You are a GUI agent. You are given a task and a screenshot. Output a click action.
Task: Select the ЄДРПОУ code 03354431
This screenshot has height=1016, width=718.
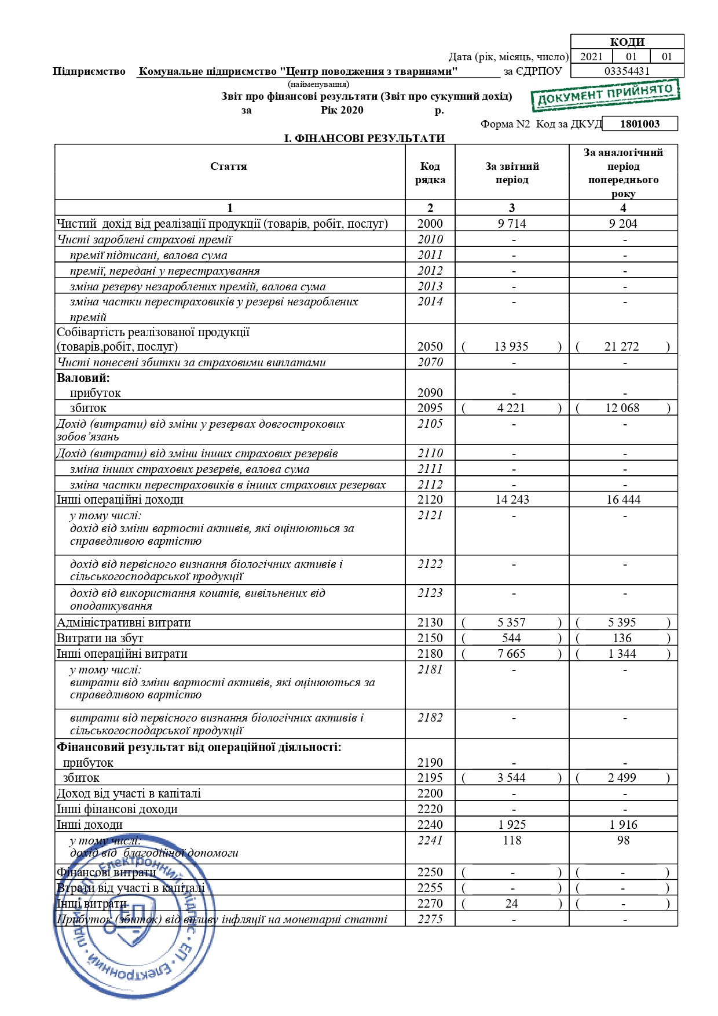[x=627, y=71]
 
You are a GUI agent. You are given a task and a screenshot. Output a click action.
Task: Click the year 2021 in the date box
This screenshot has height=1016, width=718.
[x=591, y=57]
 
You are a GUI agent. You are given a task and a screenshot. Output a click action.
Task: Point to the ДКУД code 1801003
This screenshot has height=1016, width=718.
[x=639, y=123]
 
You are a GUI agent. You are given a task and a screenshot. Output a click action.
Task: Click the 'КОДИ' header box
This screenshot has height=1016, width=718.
[x=627, y=42]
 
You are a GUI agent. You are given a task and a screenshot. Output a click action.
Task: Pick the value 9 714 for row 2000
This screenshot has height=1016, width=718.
[x=512, y=224]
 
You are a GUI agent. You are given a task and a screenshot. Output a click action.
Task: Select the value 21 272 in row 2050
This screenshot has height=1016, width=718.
[x=622, y=347]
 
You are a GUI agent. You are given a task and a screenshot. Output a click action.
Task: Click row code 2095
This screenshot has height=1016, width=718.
[x=430, y=408]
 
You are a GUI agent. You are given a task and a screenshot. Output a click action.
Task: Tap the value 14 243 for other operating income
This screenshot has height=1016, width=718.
[x=512, y=500]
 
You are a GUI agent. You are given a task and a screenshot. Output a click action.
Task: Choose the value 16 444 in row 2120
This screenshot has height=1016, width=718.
[x=623, y=500]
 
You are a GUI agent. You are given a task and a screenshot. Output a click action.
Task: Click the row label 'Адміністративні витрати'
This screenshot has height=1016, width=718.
[x=124, y=622]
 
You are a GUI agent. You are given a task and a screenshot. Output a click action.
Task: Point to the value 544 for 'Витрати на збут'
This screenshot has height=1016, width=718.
[x=511, y=638]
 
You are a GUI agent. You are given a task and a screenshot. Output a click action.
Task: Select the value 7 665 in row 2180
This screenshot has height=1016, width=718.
[x=511, y=654]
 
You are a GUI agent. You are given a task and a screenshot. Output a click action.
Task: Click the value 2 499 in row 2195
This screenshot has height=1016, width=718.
[x=622, y=778]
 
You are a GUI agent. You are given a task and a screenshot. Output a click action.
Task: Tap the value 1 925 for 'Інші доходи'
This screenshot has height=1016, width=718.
[x=512, y=825]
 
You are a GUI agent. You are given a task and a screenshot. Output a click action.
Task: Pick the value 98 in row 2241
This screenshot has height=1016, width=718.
[x=623, y=840]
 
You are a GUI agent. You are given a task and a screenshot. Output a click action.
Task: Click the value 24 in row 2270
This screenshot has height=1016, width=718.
[x=511, y=904]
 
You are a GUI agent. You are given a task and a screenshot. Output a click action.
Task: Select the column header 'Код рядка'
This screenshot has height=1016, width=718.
[x=430, y=173]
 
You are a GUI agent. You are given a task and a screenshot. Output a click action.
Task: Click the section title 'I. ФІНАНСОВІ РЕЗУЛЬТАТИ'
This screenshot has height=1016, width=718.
[x=364, y=139]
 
